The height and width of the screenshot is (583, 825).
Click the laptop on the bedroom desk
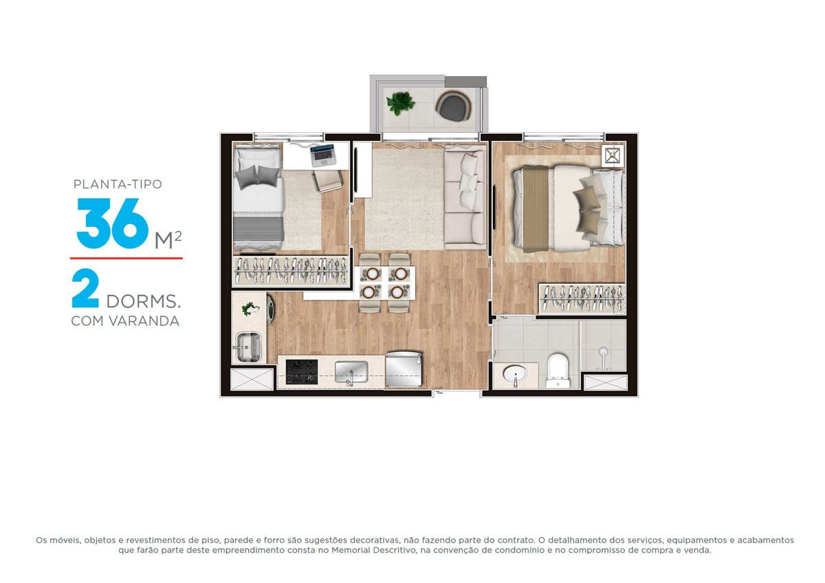323,155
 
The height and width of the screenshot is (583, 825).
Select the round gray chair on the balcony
453,106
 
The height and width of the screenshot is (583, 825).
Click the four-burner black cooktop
302,372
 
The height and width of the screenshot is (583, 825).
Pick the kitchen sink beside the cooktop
351,372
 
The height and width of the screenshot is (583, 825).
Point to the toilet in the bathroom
558,371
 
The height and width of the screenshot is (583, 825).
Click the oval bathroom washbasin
515,375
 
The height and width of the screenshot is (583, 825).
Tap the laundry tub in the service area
248,347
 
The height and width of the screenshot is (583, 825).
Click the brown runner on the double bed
536,209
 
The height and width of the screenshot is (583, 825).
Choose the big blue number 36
113,223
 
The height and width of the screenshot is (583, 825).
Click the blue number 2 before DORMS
85,288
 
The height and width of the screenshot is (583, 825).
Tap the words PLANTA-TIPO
118,184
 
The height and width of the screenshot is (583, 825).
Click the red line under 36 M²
126,258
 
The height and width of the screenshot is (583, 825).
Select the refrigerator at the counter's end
404,369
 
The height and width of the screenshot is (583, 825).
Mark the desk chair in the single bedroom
329,180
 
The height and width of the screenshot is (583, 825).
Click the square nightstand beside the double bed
612,155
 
